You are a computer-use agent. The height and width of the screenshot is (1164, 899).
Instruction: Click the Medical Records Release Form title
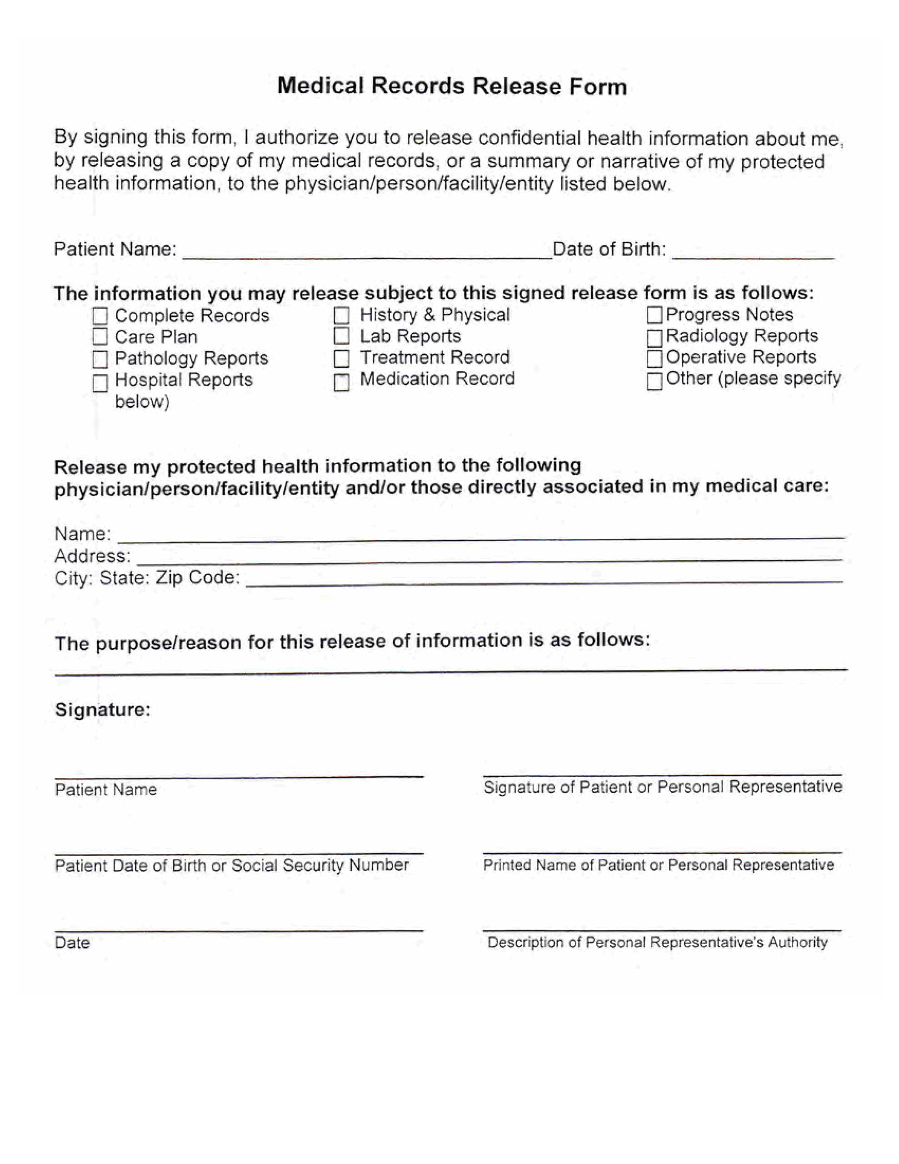click(x=452, y=86)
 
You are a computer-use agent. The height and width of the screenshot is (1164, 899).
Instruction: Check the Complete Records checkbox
click(x=100, y=316)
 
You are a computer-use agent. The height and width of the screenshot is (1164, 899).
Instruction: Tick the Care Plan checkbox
click(x=100, y=337)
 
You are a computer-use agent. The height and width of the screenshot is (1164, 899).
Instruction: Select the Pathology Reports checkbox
click(x=100, y=359)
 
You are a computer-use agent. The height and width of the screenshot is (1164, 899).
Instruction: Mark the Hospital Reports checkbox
click(x=100, y=383)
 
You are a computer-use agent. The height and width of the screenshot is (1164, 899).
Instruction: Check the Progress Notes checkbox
click(x=654, y=315)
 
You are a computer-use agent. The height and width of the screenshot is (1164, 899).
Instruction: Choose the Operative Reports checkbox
click(x=654, y=359)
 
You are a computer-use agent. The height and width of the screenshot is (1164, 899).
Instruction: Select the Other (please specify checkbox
click(x=654, y=381)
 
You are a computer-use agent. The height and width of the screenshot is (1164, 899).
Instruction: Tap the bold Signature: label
click(x=103, y=709)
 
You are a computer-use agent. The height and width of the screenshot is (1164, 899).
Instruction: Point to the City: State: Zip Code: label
click(x=147, y=578)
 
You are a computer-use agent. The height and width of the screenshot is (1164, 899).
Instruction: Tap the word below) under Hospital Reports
click(x=142, y=402)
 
